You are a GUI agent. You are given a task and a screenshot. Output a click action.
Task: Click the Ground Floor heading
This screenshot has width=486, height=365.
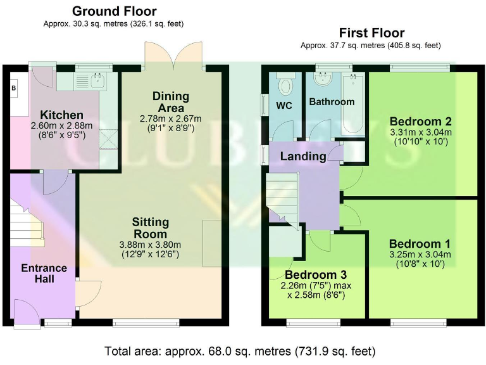point(114,11)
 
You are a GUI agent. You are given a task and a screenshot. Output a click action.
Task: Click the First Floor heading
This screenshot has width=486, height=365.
point(371,33)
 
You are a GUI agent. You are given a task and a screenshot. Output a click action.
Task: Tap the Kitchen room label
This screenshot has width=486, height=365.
point(61,115)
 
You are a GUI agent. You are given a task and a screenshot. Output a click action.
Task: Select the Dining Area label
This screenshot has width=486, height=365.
point(171,101)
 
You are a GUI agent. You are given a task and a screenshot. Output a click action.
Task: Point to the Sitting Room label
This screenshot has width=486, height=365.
point(151,228)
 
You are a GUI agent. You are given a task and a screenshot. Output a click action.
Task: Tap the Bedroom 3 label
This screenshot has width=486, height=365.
point(315,274)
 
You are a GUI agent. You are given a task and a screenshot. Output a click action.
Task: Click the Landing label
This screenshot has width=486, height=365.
point(304,156)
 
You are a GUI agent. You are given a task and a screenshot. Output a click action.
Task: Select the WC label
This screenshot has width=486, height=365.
point(284,106)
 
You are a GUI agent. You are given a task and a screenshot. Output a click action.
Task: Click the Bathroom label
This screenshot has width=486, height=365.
point(331,101)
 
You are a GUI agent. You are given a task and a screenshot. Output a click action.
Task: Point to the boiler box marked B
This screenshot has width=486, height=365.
point(13,88)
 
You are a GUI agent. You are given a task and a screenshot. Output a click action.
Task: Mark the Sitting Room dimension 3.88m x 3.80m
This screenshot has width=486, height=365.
point(151,245)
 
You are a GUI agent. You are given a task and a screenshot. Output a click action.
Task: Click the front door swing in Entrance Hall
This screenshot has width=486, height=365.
point(26,311)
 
